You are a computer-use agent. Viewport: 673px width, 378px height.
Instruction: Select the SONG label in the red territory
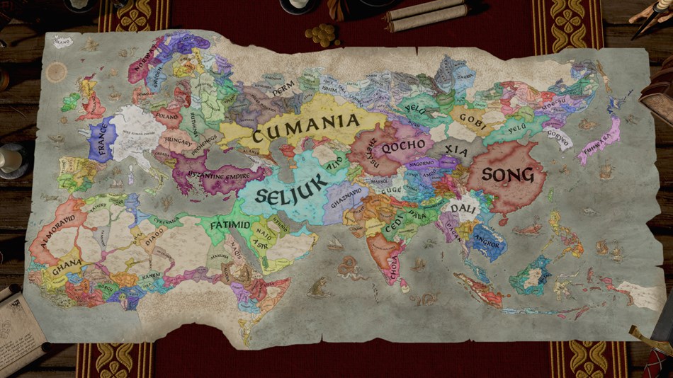click(507, 174)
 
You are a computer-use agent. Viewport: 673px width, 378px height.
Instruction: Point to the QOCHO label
click(403, 146)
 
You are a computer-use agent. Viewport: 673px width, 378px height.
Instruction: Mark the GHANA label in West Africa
click(67, 265)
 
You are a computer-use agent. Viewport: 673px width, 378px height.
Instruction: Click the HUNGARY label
click(177, 141)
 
